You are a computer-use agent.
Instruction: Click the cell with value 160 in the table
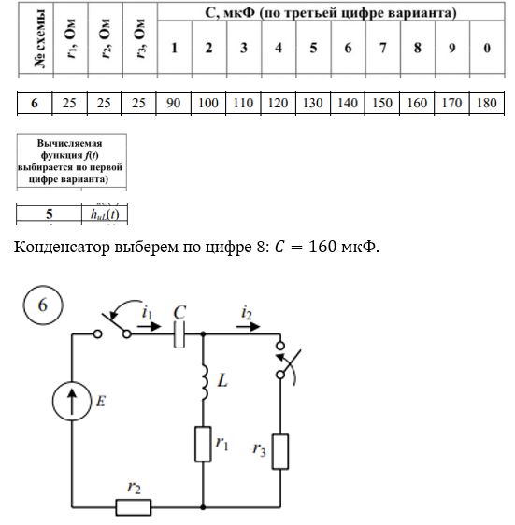pos(417,103)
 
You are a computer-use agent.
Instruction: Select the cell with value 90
pos(173,103)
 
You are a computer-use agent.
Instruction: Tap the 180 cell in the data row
pos(487,103)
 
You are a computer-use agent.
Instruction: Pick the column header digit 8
pos(418,48)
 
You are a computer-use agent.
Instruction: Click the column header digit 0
pos(487,48)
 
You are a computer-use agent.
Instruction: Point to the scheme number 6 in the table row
pos(35,103)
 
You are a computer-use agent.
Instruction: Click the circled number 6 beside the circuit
pos(43,305)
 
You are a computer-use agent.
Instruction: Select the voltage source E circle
pos(72,401)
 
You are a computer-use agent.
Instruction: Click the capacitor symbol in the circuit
pos(179,334)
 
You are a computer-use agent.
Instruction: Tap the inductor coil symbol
pos(205,382)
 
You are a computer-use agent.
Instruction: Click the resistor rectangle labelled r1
pos(203,444)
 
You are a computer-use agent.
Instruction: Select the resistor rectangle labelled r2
pos(134,507)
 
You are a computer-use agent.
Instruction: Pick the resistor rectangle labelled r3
pos(280,452)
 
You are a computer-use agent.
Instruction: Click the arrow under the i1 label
pos(150,326)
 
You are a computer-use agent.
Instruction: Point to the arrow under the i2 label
pos(248,326)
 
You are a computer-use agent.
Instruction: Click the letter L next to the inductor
pos(222,381)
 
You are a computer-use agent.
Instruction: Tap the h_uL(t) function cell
pos(105,214)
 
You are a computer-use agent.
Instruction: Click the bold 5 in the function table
pos(50,214)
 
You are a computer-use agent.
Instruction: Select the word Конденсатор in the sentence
pos(62,248)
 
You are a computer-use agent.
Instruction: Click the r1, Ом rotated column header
pos(71,39)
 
